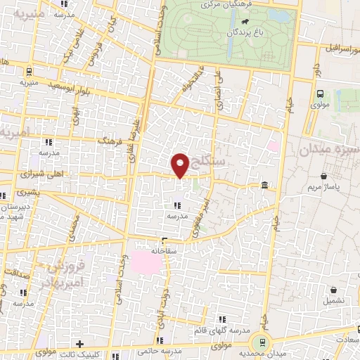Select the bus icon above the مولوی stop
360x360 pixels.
pos(321,94)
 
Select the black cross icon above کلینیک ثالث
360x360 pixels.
pos(79,345)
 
